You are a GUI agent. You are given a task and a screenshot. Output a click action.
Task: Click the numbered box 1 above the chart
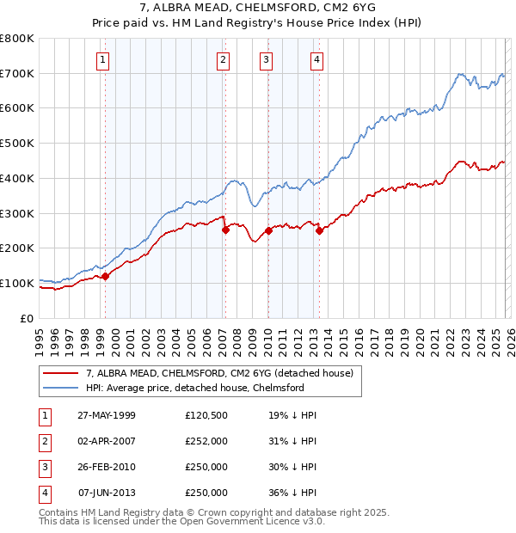102,59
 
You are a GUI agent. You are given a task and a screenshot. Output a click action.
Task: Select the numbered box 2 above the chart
223,59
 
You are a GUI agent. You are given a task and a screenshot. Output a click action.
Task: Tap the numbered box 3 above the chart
267,59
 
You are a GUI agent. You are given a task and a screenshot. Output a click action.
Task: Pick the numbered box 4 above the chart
316,59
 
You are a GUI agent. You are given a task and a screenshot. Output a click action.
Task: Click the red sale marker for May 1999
106,276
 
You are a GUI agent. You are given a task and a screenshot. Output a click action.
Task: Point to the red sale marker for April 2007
225,230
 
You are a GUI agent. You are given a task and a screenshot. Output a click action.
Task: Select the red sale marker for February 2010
268,230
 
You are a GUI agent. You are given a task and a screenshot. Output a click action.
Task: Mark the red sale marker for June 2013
319,230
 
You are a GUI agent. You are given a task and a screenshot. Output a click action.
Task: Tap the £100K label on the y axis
17,283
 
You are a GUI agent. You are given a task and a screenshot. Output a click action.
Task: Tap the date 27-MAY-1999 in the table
107,415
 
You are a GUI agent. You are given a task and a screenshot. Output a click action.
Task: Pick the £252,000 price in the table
206,441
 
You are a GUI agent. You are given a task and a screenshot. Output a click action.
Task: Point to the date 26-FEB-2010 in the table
107,467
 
